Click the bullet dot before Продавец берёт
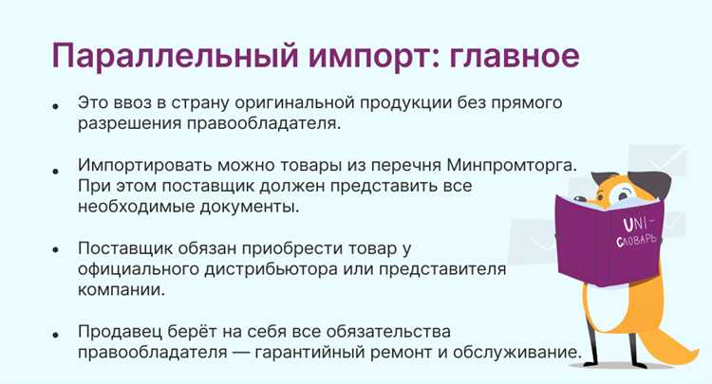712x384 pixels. tap(58, 334)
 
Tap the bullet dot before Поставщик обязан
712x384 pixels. tap(58, 250)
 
